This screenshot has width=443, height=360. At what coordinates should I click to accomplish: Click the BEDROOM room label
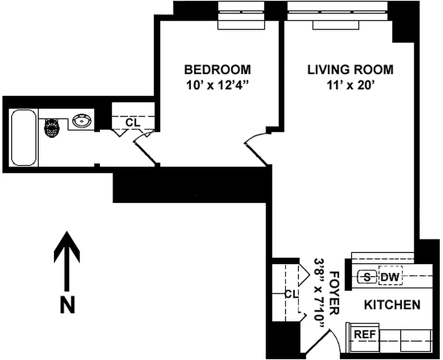[x=217, y=70]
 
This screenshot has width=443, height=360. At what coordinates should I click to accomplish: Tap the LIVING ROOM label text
[x=350, y=70]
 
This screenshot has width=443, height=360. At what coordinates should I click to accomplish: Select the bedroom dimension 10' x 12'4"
[x=217, y=85]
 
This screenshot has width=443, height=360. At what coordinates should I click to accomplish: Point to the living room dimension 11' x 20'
[x=350, y=85]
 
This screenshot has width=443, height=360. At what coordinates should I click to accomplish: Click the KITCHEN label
[x=392, y=305]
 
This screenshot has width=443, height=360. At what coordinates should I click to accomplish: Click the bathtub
[x=23, y=137]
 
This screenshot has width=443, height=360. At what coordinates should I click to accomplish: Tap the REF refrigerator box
[x=365, y=334]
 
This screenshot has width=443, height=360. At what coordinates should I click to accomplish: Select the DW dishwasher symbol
[x=390, y=277]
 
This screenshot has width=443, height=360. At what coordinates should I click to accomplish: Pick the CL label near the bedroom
[x=132, y=122]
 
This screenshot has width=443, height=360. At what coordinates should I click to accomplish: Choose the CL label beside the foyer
[x=291, y=294]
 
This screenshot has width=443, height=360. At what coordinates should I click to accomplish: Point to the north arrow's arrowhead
[x=67, y=245]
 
